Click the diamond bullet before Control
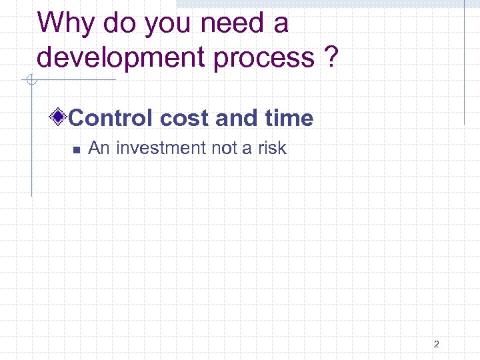(59, 118)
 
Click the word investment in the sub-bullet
(159, 148)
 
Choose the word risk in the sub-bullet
(271, 148)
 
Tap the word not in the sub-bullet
(224, 148)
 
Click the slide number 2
(436, 344)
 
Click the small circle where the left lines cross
(31, 81)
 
